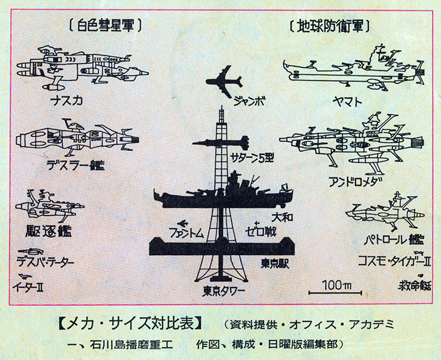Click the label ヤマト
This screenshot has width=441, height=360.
tap(348, 101)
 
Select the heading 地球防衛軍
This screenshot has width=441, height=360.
tap(329, 25)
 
